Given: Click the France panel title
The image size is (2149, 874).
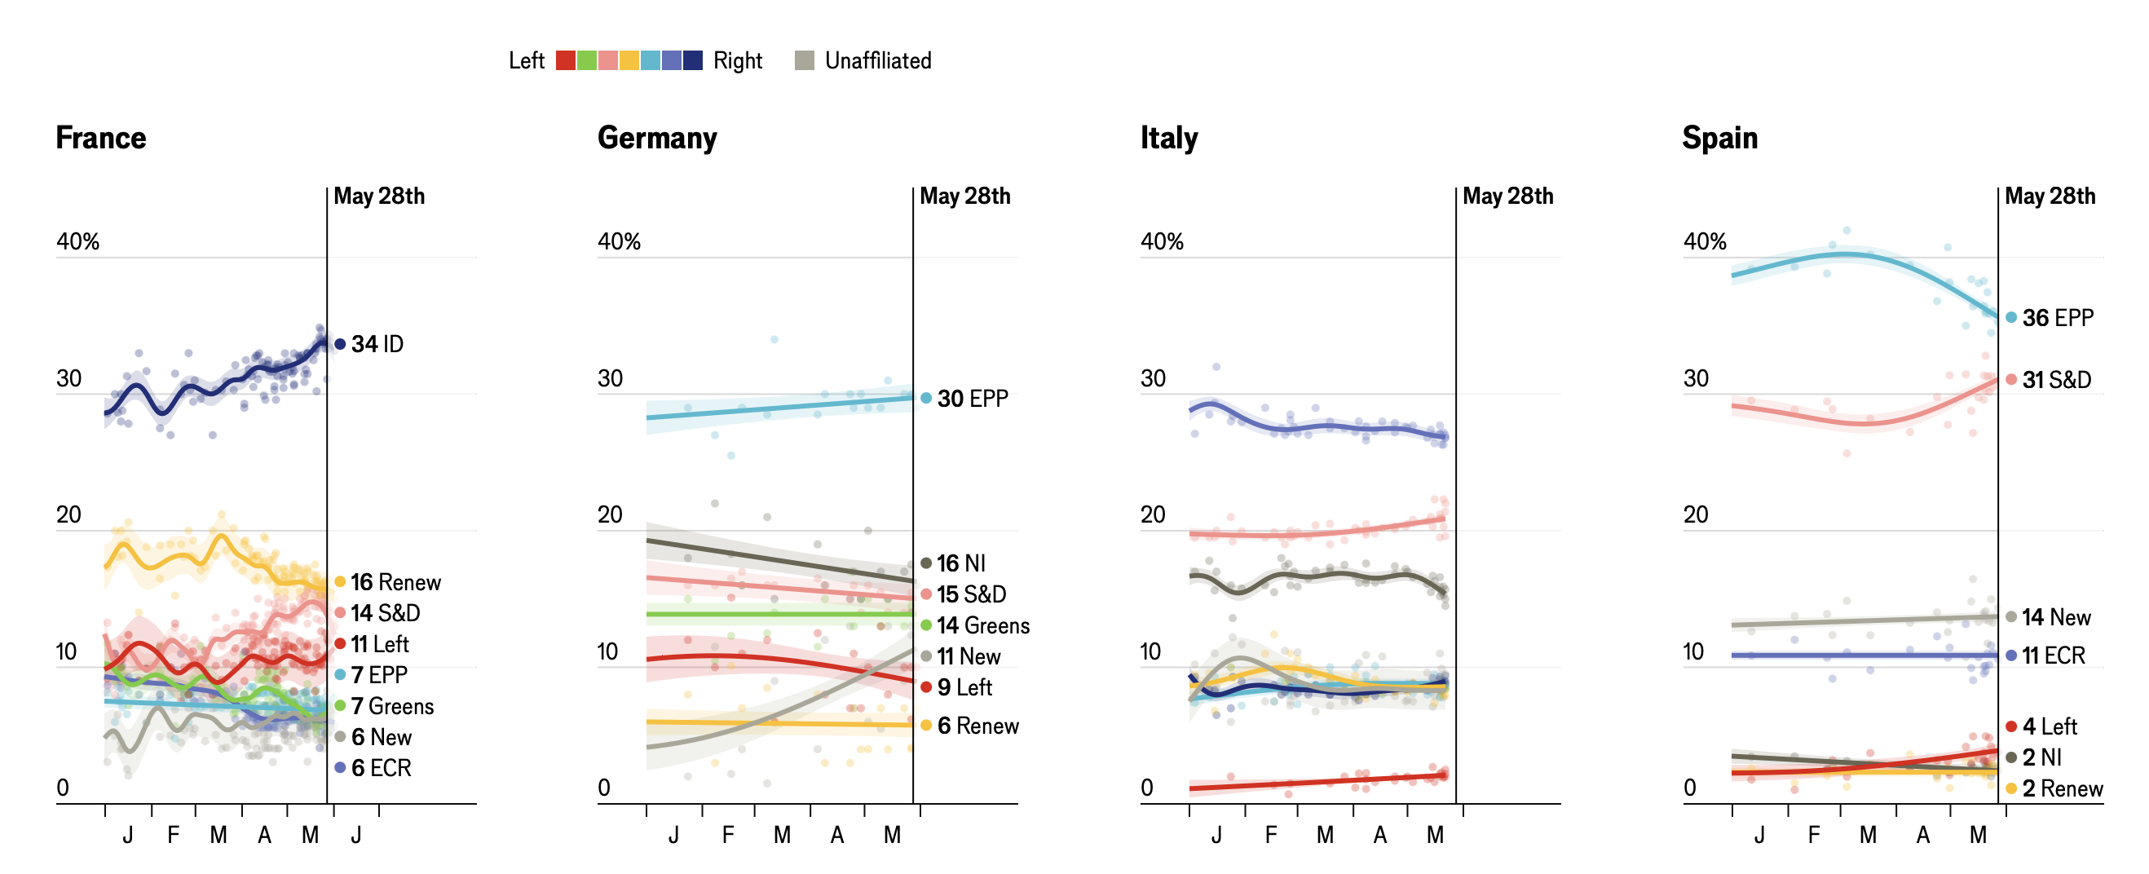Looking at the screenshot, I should tap(101, 138).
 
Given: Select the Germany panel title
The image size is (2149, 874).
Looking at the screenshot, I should tap(657, 138).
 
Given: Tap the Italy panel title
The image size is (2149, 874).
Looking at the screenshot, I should tap(1169, 138).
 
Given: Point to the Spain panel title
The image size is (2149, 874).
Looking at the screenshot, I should tap(1719, 138).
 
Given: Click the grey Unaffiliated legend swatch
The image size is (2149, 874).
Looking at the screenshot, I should tap(804, 61).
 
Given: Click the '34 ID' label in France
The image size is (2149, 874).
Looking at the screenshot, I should tap(377, 344).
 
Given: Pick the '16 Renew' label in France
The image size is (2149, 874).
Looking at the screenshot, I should tap(395, 582).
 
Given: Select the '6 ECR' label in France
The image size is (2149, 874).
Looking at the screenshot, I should tap(381, 768).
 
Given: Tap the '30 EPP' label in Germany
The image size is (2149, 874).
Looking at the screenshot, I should tap(972, 399).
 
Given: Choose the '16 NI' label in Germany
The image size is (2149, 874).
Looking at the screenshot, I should tap(960, 563).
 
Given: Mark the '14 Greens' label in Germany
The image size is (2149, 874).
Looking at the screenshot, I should tap(982, 625).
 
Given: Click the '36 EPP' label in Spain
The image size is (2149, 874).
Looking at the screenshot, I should tap(2057, 318).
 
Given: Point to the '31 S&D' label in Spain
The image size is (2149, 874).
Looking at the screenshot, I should tap(2056, 380).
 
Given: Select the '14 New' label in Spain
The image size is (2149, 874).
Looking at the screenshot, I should tap(2055, 618).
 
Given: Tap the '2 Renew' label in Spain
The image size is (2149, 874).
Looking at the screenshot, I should tap(2062, 789).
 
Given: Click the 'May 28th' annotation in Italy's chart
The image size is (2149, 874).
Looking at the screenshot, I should tap(1507, 196).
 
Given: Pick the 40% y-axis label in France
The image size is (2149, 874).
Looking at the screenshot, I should tap(77, 242).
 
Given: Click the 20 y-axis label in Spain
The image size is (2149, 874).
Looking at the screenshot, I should tap(1695, 514).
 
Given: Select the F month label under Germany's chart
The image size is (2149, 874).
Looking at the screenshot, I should tap(728, 835).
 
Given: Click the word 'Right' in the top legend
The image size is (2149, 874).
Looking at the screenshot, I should tap(738, 61).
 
